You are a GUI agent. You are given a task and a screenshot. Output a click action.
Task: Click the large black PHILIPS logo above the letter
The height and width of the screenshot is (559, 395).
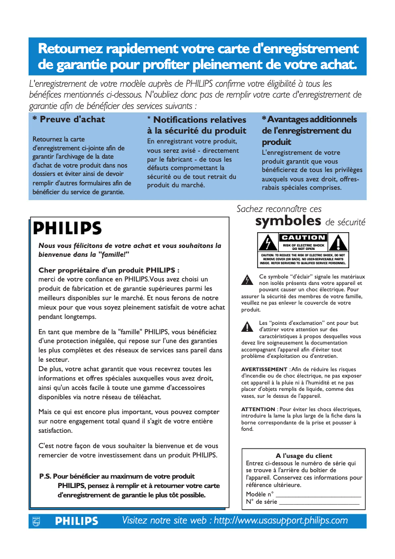point(67,228)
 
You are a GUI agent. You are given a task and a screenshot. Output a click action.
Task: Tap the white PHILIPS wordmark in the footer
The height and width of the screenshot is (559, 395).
point(76,521)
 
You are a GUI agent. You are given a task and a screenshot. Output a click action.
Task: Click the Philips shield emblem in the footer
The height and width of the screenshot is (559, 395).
point(35,521)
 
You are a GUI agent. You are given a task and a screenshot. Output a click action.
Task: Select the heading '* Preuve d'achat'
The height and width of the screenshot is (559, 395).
point(68,119)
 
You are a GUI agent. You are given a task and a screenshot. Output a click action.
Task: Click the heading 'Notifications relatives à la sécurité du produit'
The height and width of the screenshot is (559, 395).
point(197,125)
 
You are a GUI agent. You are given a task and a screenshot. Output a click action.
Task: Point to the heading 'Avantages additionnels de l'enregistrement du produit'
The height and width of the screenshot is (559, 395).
point(309,131)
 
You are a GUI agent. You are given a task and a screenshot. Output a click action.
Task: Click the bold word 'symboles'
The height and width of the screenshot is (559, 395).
point(288,220)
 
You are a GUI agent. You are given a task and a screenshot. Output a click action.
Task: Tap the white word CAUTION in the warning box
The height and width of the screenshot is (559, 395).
point(303,238)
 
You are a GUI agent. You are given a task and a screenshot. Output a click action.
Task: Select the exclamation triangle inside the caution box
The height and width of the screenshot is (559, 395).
point(339,244)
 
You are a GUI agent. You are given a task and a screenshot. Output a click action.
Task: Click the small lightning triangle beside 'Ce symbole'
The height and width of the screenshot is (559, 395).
point(246,280)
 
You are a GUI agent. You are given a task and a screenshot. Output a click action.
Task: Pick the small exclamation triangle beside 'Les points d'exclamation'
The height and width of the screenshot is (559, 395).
point(246,327)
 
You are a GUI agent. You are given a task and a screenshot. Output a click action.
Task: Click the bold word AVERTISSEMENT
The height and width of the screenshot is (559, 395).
point(264,369)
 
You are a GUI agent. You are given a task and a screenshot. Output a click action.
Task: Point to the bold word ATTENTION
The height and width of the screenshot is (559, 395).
point(258,409)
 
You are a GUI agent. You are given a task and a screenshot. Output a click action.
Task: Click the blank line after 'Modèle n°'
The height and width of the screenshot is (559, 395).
point(318,495)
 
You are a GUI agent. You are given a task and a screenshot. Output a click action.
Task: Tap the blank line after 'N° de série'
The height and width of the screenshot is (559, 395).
point(319,502)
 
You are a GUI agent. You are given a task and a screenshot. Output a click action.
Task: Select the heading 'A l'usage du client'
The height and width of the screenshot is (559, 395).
point(304,456)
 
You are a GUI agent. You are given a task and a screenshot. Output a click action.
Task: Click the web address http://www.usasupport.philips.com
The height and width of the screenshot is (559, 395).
point(281,521)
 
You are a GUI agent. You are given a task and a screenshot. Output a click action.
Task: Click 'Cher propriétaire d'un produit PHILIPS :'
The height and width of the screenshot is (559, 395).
point(109,270)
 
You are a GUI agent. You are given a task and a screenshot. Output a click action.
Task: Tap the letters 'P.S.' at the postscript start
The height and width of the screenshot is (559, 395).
point(45,477)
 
